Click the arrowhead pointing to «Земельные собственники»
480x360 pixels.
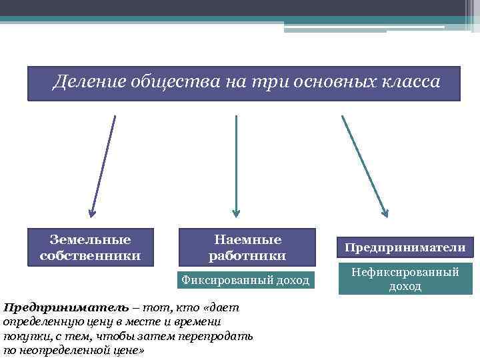click(91, 213)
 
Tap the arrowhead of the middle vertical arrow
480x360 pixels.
click(235, 213)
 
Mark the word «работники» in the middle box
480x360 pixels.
click(247, 255)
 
